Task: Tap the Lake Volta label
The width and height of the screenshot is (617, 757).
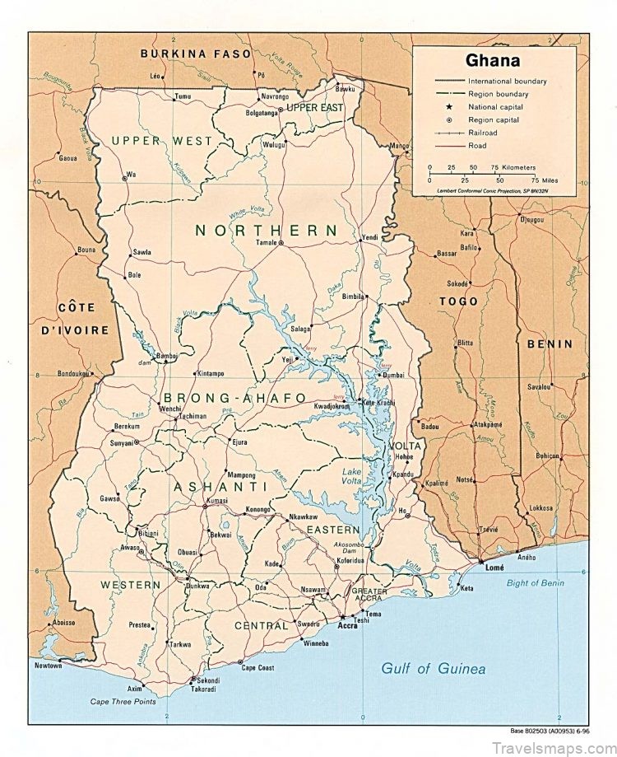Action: [352, 475]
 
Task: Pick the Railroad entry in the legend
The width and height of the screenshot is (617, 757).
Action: [482, 132]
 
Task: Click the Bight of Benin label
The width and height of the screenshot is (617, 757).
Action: [559, 583]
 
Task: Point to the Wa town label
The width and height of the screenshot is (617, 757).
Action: [131, 175]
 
